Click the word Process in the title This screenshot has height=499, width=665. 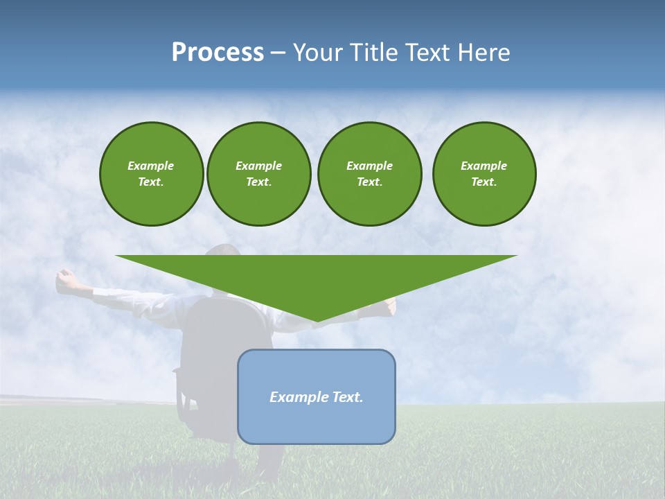(218, 53)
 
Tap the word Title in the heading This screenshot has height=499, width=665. (377, 53)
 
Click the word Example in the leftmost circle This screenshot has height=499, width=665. (151, 166)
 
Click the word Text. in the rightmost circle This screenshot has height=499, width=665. (484, 182)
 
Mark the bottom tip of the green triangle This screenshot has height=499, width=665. (317, 321)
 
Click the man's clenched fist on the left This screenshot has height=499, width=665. (66, 280)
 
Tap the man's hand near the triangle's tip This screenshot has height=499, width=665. (390, 304)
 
